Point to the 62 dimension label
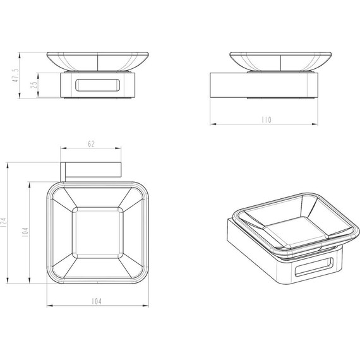(92, 145)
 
